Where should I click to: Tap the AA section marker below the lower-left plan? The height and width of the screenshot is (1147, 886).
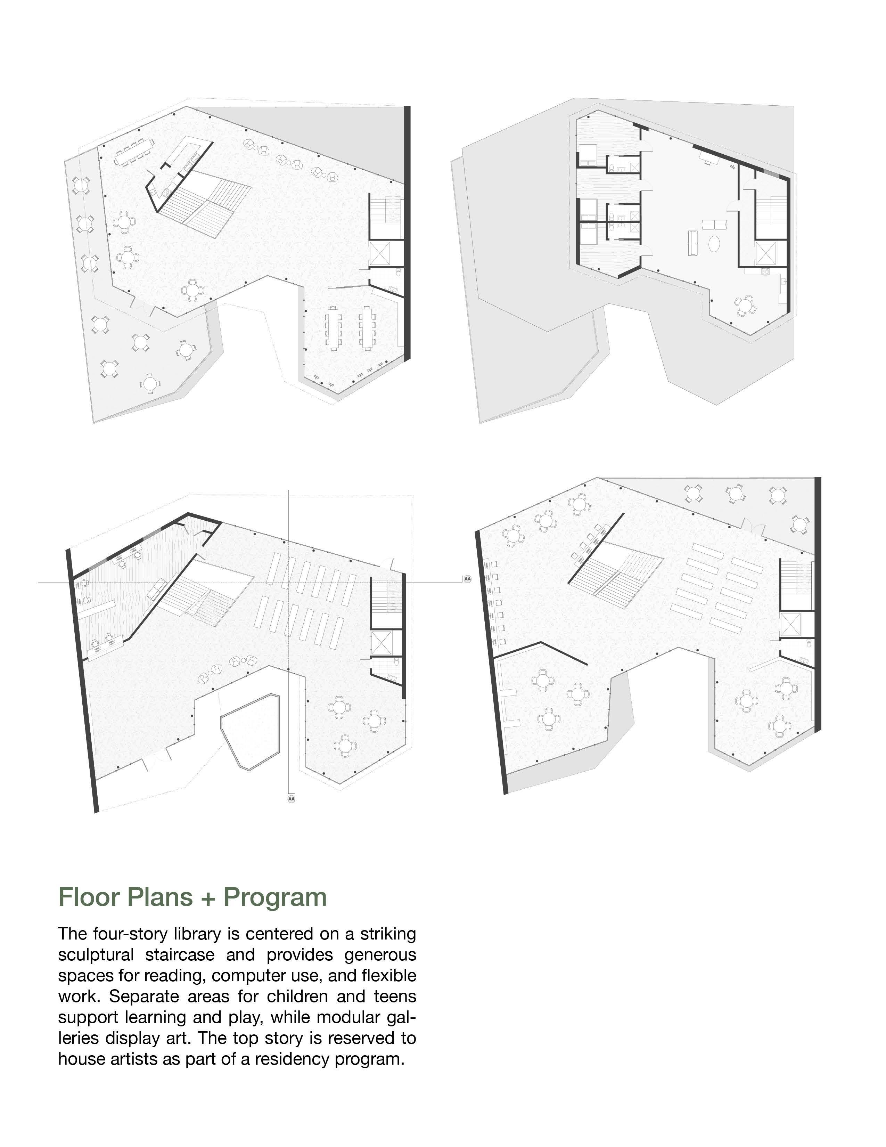291,799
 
